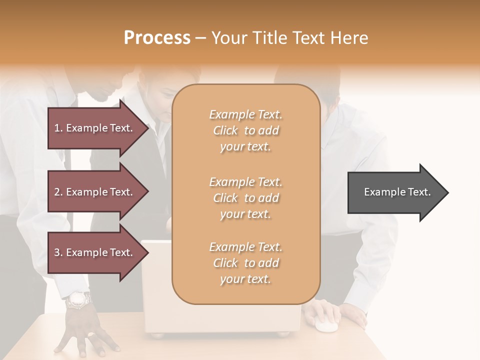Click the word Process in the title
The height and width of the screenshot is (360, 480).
(157, 38)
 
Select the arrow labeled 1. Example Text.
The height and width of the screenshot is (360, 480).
(95, 128)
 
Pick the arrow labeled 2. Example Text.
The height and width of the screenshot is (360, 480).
(95, 192)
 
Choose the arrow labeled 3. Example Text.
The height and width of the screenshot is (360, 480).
(95, 252)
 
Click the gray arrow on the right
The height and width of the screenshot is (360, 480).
(395, 192)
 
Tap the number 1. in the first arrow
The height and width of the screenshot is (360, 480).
(58, 128)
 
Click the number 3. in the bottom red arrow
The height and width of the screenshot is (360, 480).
(58, 252)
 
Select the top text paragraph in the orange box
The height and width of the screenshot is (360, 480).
(245, 130)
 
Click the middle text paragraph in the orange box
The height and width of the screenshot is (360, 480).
(245, 197)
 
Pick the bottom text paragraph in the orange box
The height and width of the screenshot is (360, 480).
(245, 263)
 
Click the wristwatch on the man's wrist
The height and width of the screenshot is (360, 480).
(79, 300)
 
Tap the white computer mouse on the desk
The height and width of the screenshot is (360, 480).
(325, 325)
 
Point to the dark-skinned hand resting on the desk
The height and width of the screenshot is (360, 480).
(87, 332)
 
